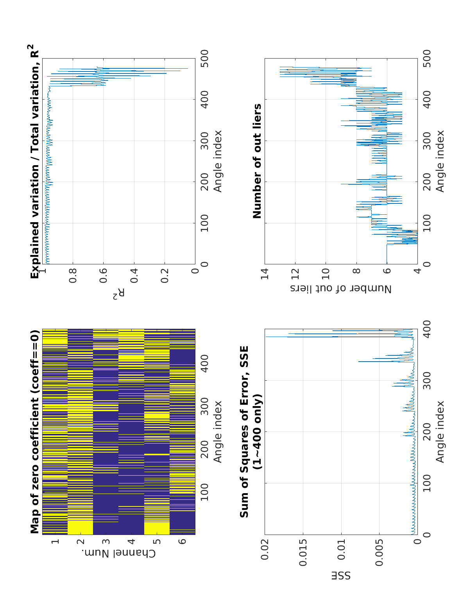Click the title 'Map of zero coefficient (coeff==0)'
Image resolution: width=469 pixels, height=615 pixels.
coord(35,431)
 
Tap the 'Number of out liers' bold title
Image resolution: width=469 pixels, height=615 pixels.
coord(257,161)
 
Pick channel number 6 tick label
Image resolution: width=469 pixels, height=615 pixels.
coord(182,542)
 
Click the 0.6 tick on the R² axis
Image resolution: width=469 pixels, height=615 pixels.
coord(103,275)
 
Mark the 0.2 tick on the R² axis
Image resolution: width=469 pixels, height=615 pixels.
coord(165,275)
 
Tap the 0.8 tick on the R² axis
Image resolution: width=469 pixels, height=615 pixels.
coord(73,275)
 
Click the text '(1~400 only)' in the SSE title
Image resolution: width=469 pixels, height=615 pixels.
coord(258,431)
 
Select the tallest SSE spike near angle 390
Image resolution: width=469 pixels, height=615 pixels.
coord(267,336)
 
